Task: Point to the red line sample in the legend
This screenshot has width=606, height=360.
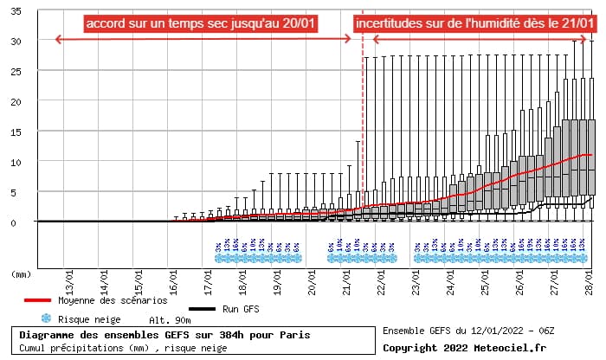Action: click(x=37, y=301)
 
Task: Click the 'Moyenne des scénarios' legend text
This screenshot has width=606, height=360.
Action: click(x=113, y=301)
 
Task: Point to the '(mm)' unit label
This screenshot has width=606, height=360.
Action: click(x=22, y=274)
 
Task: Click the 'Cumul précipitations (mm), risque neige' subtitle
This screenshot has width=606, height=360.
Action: click(x=121, y=348)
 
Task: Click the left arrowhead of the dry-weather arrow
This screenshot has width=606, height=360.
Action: click(x=57, y=39)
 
